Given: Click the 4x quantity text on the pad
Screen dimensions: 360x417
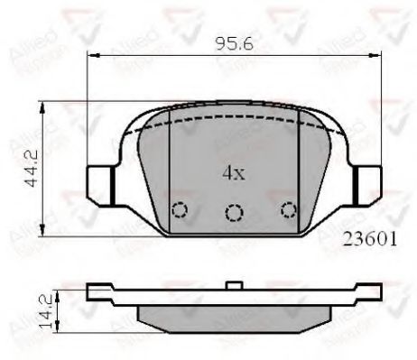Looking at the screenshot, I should coord(233,173).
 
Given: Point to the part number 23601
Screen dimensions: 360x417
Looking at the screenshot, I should coord(371,241).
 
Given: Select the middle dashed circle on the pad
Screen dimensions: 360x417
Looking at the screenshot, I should coord(234,213).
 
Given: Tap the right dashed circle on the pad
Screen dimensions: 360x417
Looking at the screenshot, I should coord(289,209).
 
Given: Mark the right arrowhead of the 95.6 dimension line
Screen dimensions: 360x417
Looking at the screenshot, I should coord(373,55).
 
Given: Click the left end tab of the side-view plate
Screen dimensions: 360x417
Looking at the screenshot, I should coord(96,292).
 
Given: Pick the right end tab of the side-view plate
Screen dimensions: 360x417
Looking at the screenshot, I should coord(368,292).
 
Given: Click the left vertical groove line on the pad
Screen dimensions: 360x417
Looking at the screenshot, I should coord(171,171).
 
